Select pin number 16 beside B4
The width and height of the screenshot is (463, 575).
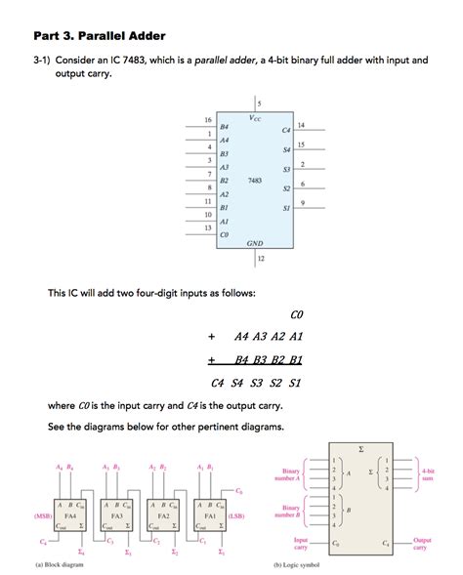tap(208, 119)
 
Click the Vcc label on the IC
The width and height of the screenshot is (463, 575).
tap(255, 118)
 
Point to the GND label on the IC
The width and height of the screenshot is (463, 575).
tap(255, 241)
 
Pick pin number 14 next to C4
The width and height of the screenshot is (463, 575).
tap(301, 124)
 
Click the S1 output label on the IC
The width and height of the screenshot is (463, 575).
tap(286, 208)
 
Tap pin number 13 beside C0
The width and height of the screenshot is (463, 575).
tap(208, 227)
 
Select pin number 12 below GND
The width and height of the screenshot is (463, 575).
tap(261, 258)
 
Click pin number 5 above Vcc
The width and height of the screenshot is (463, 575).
tap(261, 103)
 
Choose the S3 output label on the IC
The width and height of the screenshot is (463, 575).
tap(286, 170)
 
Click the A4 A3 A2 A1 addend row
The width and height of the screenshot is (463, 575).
tap(269, 336)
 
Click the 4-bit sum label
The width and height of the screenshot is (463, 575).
tap(427, 474)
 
